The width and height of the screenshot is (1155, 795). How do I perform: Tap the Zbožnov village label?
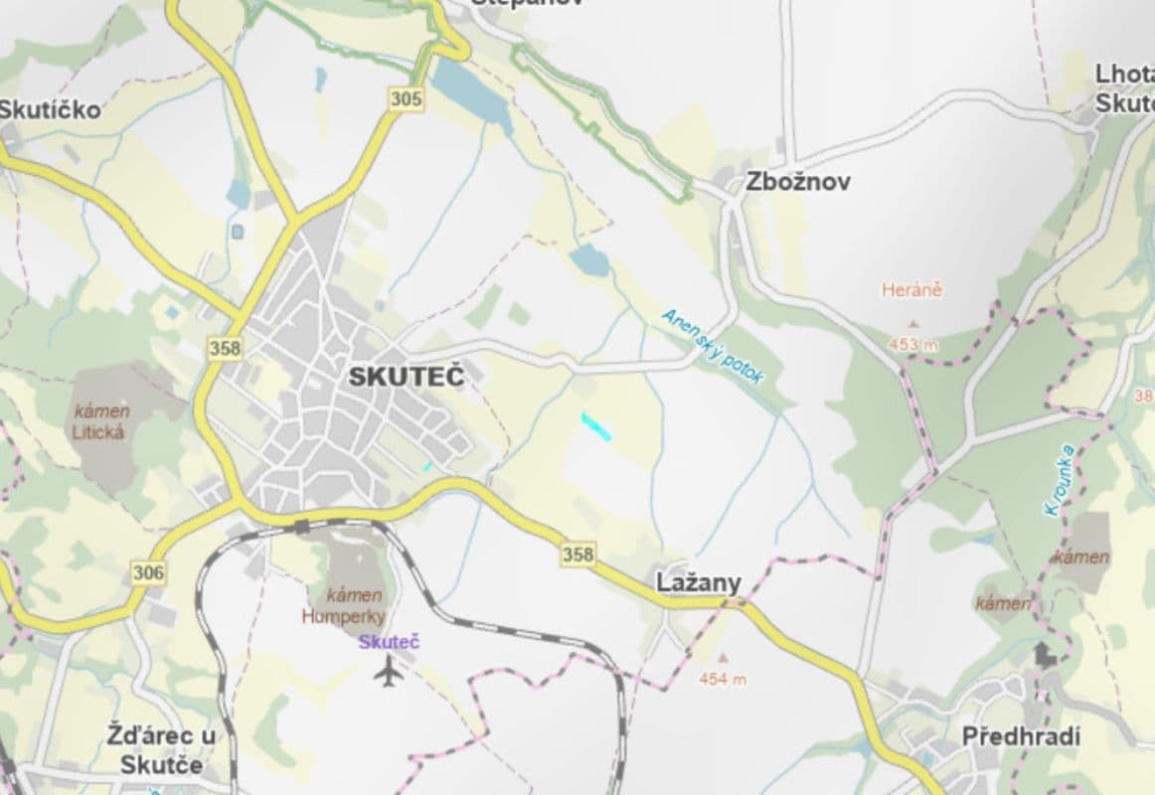[x=797, y=182]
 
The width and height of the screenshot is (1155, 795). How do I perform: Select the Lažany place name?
[x=698, y=583]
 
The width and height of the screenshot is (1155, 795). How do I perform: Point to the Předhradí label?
[x=1020, y=736]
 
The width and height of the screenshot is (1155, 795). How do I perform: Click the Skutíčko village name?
[x=50, y=109]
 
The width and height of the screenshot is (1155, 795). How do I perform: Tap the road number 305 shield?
[x=406, y=98]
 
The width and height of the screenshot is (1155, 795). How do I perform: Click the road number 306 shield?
[x=147, y=572]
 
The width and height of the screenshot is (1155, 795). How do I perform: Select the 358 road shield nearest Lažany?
[x=577, y=555]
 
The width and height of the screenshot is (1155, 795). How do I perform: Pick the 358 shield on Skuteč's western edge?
[x=225, y=348]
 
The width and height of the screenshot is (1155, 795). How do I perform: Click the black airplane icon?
[x=389, y=673]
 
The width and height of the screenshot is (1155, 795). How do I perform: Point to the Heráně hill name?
[x=910, y=290]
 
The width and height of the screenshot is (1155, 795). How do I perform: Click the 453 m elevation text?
[x=912, y=345]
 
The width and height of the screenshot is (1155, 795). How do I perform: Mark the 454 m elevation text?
[x=723, y=680]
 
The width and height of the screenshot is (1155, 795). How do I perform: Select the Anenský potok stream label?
[x=713, y=346]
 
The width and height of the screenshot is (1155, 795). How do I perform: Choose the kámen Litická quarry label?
[x=100, y=421]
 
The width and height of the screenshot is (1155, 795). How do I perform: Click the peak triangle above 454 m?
[x=723, y=657]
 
